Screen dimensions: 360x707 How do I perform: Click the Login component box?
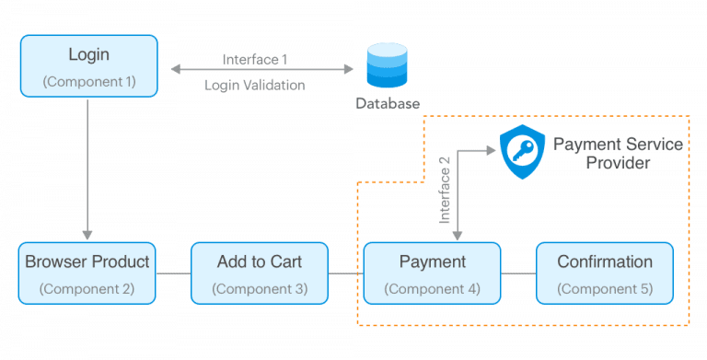(88, 65)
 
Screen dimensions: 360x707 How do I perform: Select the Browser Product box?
(87, 273)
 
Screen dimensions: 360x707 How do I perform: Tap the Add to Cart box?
(259, 273)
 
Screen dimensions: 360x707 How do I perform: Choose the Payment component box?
(432, 273)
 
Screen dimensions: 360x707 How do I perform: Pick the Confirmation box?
(605, 273)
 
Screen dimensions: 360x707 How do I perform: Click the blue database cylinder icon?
(388, 64)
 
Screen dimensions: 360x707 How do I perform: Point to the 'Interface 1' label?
(255, 60)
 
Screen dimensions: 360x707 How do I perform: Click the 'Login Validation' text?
(255, 85)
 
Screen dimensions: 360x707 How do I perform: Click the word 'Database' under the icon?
(388, 103)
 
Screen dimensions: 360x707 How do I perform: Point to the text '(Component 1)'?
(88, 81)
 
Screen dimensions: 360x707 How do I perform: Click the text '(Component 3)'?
(259, 288)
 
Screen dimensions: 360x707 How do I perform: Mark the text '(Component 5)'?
(605, 288)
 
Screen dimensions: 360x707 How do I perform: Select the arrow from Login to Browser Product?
(87, 166)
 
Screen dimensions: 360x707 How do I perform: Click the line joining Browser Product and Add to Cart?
(173, 273)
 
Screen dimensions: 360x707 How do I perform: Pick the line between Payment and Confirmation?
(518, 273)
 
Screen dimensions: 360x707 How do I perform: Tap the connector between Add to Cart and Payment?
(345, 273)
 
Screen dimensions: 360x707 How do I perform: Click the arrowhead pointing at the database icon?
(350, 69)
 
